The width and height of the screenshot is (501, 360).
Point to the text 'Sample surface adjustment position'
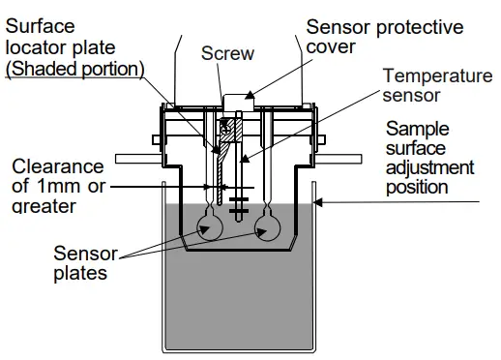click(429, 157)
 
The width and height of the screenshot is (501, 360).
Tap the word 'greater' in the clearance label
click(44, 205)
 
